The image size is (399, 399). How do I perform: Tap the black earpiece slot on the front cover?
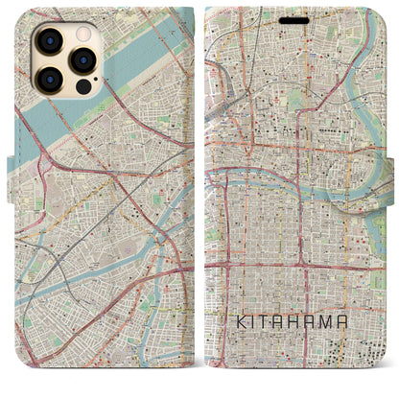point(295,19)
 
